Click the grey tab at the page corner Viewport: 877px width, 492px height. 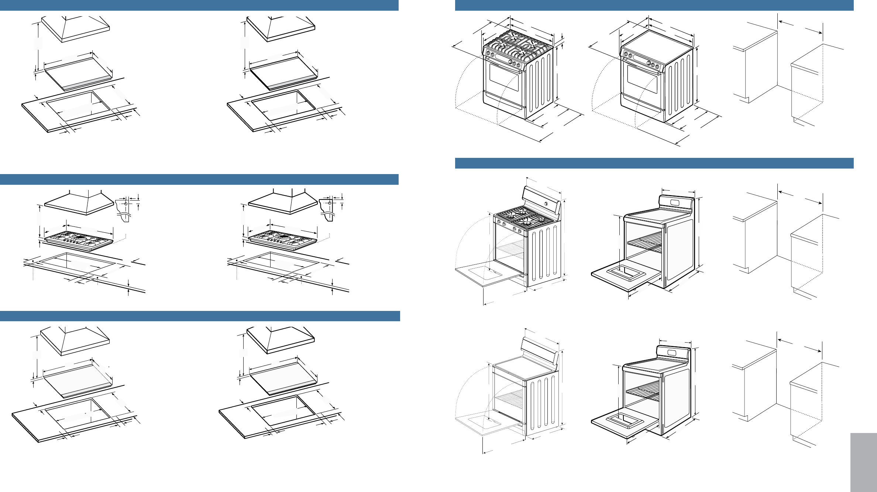(x=863, y=462)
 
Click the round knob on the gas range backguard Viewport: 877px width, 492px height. (x=546, y=204)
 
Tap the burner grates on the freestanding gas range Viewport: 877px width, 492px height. (x=524, y=216)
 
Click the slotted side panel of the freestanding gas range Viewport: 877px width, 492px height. (x=544, y=254)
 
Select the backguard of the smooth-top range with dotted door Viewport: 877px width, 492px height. (x=539, y=349)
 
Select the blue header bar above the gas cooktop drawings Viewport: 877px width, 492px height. (x=199, y=179)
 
